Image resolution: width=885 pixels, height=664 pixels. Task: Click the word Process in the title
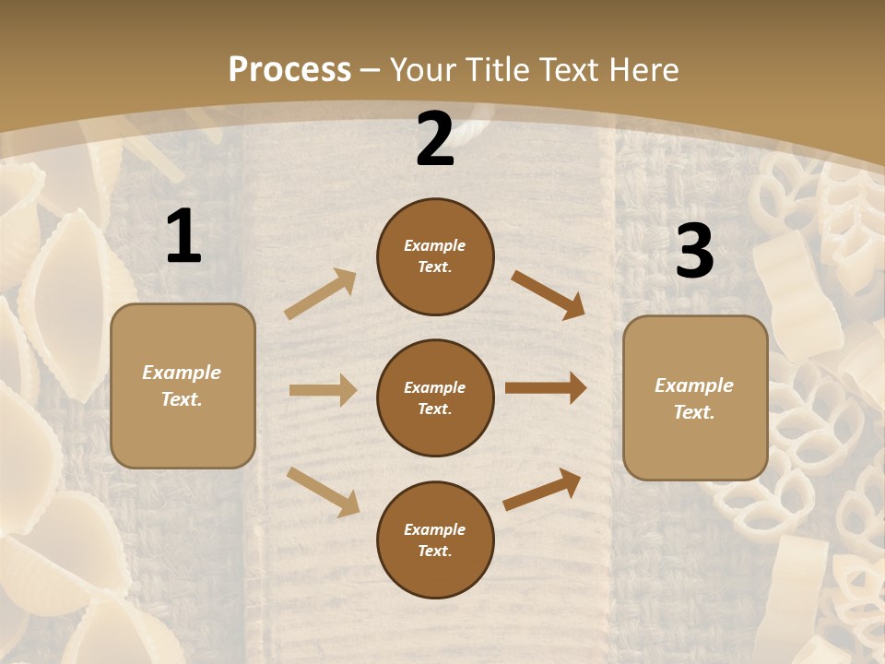click(289, 70)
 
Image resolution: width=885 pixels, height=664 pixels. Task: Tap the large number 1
click(183, 237)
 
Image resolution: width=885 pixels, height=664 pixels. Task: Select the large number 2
click(435, 139)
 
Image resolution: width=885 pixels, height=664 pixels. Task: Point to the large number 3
click(694, 251)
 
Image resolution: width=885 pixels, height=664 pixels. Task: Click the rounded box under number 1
click(183, 385)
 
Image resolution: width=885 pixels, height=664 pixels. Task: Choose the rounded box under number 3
click(695, 398)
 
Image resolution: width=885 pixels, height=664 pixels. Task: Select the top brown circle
click(435, 256)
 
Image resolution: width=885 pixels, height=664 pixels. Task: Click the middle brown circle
click(435, 397)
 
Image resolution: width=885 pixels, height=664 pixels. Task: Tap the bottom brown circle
click(435, 539)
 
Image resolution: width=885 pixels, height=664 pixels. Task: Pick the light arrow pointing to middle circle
click(323, 390)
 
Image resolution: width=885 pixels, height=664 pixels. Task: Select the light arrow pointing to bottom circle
click(324, 492)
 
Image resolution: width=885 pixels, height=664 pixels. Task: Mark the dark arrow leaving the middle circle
click(546, 388)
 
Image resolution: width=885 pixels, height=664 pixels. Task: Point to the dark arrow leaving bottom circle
click(542, 489)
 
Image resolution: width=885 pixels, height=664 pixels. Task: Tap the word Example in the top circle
click(434, 246)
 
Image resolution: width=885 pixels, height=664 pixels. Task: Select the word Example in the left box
click(182, 373)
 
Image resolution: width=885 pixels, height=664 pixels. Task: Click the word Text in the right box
click(693, 412)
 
